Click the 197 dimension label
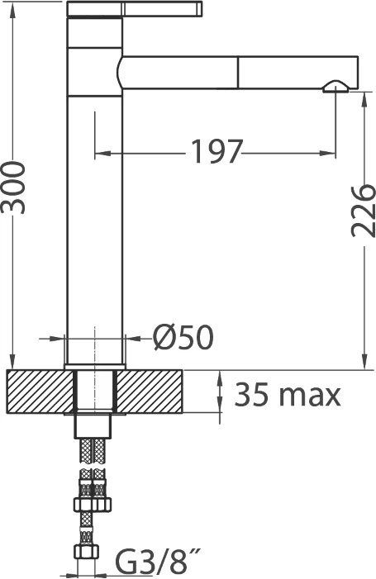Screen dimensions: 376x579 217,151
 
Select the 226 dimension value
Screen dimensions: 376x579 363,211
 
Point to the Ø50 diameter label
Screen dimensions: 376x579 183,338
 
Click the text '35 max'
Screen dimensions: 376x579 288,394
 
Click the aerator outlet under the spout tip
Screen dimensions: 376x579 335,87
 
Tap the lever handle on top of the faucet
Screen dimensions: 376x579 135,9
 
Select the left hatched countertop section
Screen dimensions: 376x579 40,391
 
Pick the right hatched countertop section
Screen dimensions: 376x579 150,391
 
